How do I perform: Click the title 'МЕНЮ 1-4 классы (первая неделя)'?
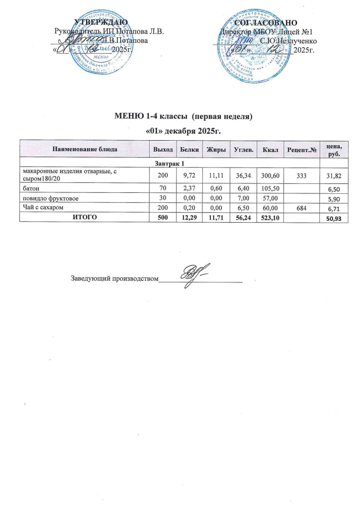pyautogui.click(x=183, y=118)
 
